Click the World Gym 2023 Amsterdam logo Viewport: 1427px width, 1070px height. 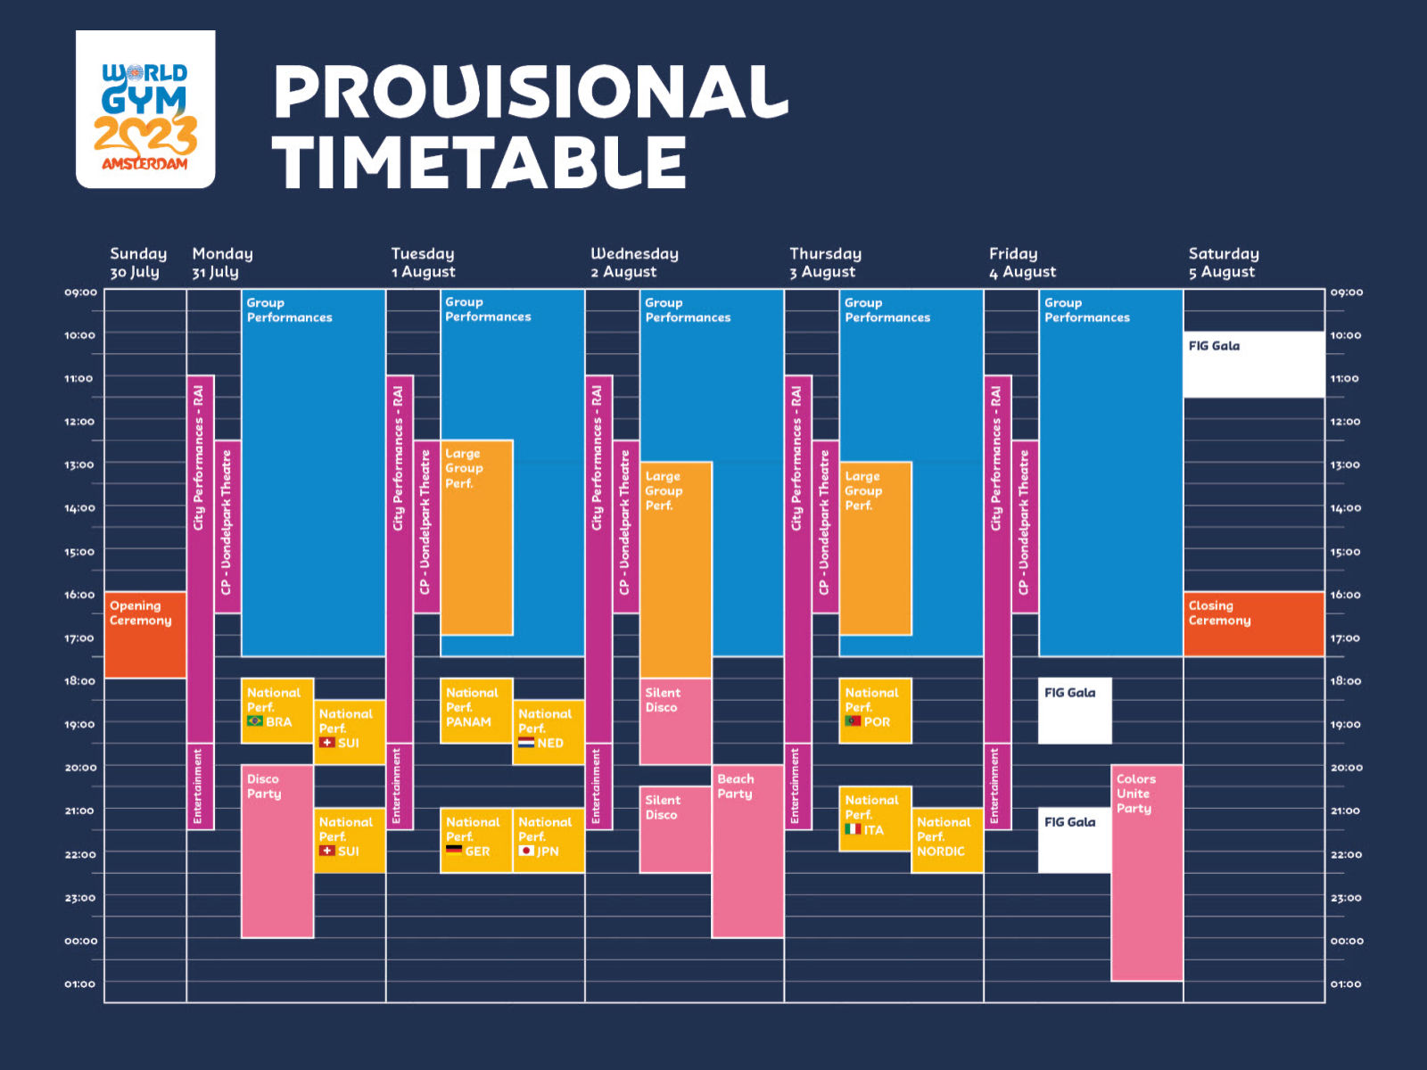[145, 109]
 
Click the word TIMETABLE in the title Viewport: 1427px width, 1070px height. [479, 162]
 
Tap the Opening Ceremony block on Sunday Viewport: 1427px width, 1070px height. [144, 634]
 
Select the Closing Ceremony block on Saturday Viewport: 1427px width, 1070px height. [1253, 624]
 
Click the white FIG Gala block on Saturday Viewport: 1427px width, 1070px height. [1253, 364]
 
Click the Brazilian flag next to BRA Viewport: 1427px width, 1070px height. [255, 721]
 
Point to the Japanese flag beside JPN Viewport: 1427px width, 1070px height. [526, 851]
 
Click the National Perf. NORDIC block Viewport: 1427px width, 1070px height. [946, 840]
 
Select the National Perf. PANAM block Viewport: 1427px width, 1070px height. [475, 711]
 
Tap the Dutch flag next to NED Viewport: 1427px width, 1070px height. [526, 743]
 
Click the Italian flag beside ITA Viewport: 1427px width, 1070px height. [853, 829]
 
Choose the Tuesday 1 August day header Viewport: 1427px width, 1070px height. [423, 263]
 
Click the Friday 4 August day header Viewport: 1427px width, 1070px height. [1022, 263]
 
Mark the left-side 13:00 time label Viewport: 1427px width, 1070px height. [79, 465]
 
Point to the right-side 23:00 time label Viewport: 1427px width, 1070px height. [1345, 898]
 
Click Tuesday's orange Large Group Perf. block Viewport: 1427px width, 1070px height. [476, 537]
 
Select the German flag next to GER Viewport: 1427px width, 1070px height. [454, 851]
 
